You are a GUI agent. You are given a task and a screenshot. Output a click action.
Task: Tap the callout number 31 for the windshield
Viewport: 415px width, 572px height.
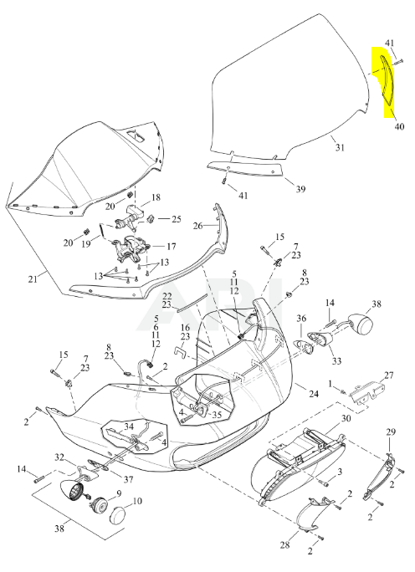[340, 147]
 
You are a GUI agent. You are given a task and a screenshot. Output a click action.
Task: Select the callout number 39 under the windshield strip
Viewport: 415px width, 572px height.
[300, 189]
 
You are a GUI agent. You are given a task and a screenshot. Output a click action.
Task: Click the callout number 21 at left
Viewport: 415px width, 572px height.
[33, 279]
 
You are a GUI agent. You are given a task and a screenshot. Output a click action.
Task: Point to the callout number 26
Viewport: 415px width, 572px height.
[197, 226]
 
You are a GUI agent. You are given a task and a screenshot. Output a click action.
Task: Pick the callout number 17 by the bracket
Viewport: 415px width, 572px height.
[172, 247]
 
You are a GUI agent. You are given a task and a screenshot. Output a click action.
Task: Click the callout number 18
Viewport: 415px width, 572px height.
[156, 197]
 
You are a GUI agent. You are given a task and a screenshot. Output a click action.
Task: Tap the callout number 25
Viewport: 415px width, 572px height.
[177, 219]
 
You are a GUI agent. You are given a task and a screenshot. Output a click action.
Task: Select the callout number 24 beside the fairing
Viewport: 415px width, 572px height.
[314, 394]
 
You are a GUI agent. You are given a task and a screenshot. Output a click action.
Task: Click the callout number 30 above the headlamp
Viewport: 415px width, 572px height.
[346, 418]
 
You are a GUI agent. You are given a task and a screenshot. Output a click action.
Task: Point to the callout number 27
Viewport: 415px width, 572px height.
[389, 375]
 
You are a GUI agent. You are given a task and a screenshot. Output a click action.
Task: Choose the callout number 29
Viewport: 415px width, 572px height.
[391, 432]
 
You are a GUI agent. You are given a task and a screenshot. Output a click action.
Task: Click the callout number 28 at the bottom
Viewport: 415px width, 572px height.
[284, 545]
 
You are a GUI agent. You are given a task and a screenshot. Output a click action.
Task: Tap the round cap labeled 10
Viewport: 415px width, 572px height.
[118, 514]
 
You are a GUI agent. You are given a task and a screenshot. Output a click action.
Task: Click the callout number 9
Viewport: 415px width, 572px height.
[119, 494]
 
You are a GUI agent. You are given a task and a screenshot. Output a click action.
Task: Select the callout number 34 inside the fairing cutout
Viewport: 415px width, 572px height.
[129, 426]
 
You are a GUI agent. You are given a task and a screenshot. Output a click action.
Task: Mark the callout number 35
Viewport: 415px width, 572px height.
[217, 415]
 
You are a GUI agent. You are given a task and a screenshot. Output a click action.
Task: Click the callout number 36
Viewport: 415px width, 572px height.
[301, 319]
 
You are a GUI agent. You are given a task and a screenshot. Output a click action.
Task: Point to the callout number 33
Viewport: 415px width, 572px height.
[336, 360]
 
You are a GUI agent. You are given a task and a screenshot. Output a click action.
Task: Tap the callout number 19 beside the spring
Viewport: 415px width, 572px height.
[86, 243]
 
